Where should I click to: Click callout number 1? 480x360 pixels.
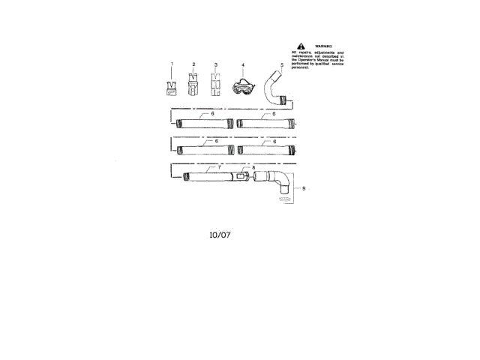point(172,65)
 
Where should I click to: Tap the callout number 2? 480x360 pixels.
point(193,65)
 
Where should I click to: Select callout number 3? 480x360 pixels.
point(215,65)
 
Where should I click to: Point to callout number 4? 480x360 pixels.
point(243,65)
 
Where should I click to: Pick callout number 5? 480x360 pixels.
point(281,65)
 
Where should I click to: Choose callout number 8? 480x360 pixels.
point(253,167)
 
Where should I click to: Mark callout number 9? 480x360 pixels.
point(304,188)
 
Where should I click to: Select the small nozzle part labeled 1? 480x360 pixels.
point(172,88)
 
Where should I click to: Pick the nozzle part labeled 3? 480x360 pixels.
point(215,86)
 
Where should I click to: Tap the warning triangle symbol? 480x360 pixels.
point(301,46)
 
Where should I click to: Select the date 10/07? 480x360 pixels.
point(220,234)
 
